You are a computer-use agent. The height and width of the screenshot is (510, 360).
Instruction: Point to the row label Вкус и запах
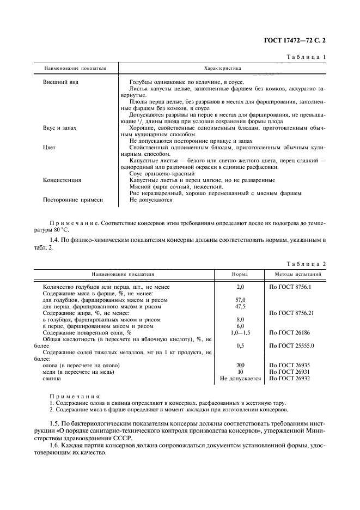[x=60, y=127]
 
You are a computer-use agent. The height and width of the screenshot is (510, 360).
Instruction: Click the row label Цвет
[x=50, y=147]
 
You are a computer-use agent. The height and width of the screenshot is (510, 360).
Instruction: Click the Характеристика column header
[x=222, y=69]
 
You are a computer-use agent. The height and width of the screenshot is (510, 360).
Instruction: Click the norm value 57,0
[x=240, y=300]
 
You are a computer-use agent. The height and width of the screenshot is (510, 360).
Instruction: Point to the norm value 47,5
[x=240, y=307]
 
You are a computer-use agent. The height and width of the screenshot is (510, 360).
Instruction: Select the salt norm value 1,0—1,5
[x=240, y=332]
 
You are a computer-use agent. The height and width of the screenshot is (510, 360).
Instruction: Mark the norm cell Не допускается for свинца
[x=240, y=378]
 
